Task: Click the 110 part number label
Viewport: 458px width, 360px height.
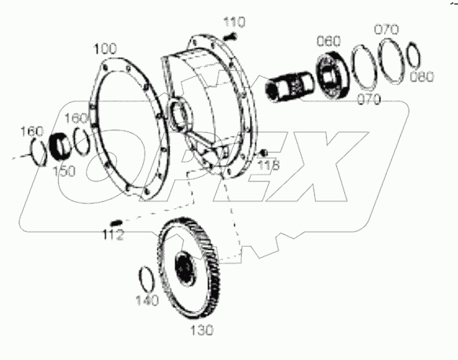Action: [234, 22]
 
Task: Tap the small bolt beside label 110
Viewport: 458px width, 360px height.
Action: [230, 37]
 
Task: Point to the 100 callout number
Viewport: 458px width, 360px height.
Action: [105, 49]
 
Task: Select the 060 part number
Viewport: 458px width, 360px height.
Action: [328, 41]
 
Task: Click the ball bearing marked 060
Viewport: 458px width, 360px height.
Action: [332, 75]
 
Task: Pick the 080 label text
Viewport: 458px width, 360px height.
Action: [422, 76]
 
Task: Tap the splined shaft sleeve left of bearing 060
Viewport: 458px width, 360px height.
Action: [290, 86]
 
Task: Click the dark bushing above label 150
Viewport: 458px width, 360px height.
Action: [60, 145]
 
